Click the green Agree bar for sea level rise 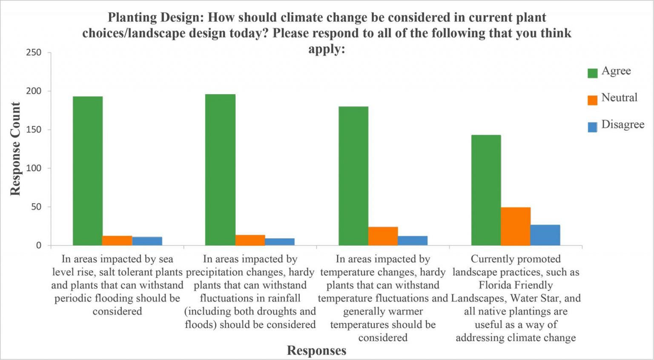pos(88,170)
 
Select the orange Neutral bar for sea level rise pos(117,241)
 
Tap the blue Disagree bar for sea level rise pos(147,241)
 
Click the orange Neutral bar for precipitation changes pos(250,240)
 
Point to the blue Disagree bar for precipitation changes pos(280,242)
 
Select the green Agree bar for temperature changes pos(353,176)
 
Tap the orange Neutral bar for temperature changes pos(383,236)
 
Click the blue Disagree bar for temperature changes pos(413,241)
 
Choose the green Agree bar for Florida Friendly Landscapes pos(486,190)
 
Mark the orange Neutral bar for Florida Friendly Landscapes pos(516,226)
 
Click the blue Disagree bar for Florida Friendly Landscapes pos(545,235)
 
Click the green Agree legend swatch pos(592,73)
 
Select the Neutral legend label pos(619,98)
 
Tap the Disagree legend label pos(622,124)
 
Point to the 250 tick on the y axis pos(34,52)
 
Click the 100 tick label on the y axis pos(34,168)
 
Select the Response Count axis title pos(15,149)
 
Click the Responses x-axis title pos(316,351)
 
